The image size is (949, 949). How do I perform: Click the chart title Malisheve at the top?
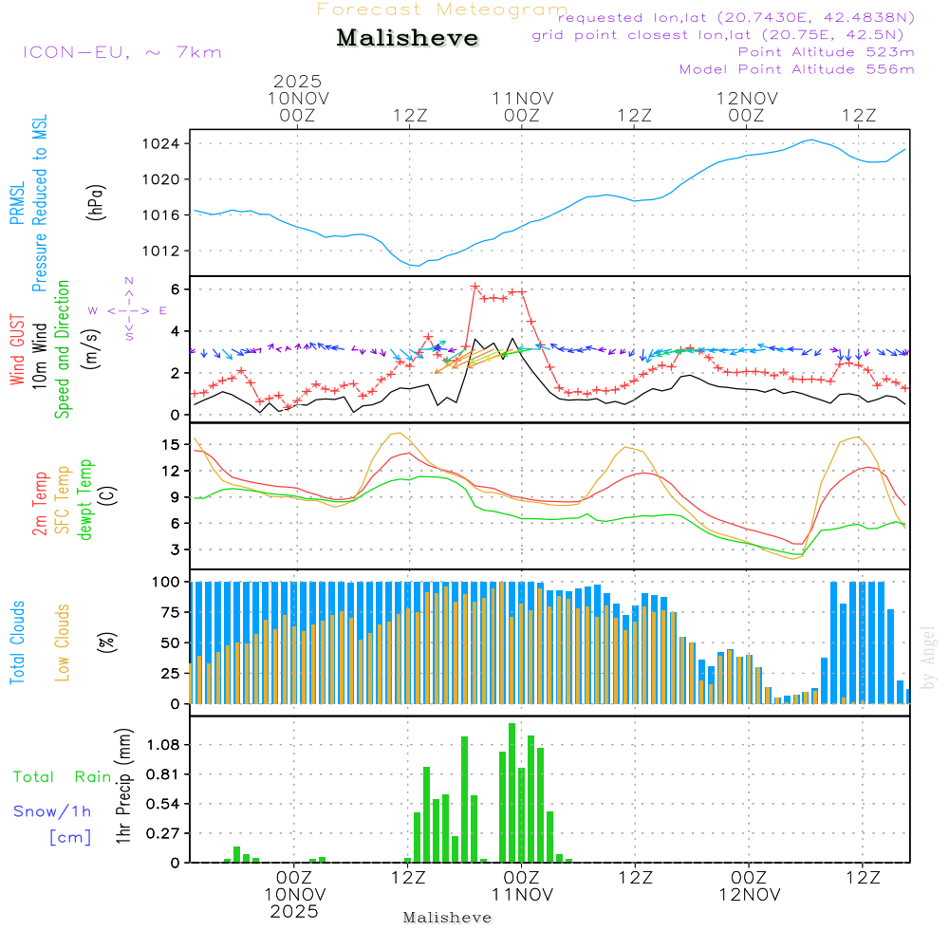[408, 39]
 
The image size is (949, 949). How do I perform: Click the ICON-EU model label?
[122, 52]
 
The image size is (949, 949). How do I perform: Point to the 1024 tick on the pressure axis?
[167, 144]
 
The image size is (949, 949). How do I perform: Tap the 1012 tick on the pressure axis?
[167, 251]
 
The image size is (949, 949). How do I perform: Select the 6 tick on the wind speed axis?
[176, 288]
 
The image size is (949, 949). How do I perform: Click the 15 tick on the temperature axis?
[172, 444]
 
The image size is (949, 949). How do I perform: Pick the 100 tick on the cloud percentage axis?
[167, 581]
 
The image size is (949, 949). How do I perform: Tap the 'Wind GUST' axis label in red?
[17, 352]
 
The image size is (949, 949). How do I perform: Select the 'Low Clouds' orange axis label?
[64, 642]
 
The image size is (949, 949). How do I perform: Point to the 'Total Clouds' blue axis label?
[17, 642]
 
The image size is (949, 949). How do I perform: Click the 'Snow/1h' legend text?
[53, 811]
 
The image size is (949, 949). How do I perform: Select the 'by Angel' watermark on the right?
[929, 658]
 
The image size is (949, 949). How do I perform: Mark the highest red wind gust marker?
[474, 286]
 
